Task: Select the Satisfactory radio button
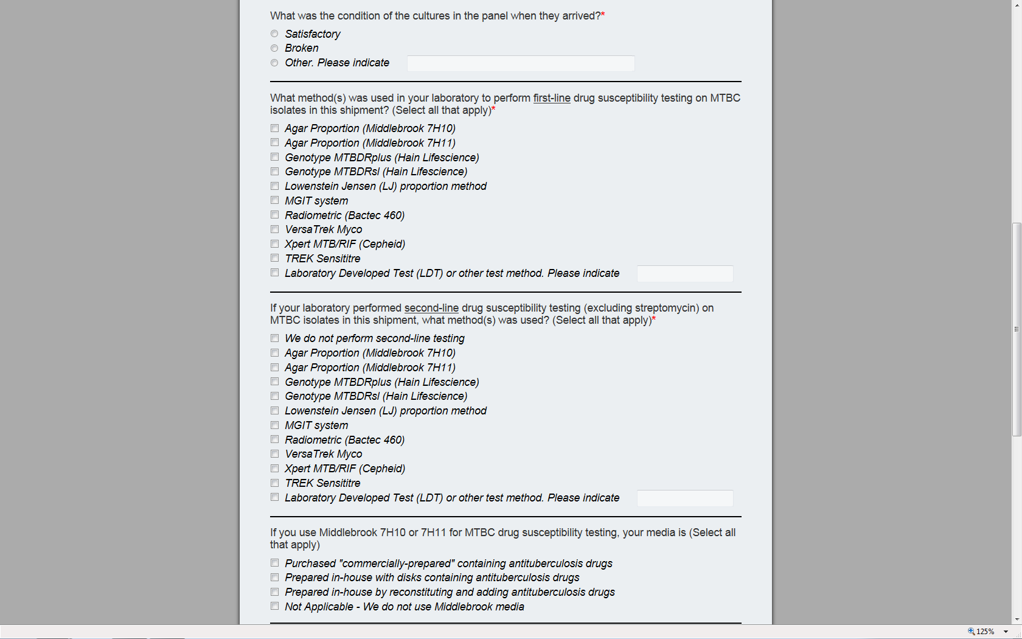pyautogui.click(x=274, y=34)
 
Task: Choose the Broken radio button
pyautogui.click(x=274, y=48)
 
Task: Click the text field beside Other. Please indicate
pyautogui.click(x=520, y=63)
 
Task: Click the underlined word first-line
pyautogui.click(x=552, y=98)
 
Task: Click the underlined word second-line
pyautogui.click(x=431, y=308)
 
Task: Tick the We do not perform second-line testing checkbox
pyautogui.click(x=275, y=338)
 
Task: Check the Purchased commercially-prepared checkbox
pyautogui.click(x=275, y=564)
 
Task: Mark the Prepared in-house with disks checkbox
pyautogui.click(x=275, y=578)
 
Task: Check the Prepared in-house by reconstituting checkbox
pyautogui.click(x=275, y=592)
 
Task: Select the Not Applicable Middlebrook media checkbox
pyautogui.click(x=275, y=607)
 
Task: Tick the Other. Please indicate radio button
pyautogui.click(x=274, y=63)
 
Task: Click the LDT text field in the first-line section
pyautogui.click(x=684, y=274)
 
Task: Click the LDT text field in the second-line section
pyautogui.click(x=684, y=498)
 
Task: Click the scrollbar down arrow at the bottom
pyautogui.click(x=1017, y=620)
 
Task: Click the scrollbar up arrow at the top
pyautogui.click(x=1017, y=5)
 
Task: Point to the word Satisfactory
pyautogui.click(x=313, y=34)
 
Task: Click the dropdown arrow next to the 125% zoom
pyautogui.click(x=1006, y=632)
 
